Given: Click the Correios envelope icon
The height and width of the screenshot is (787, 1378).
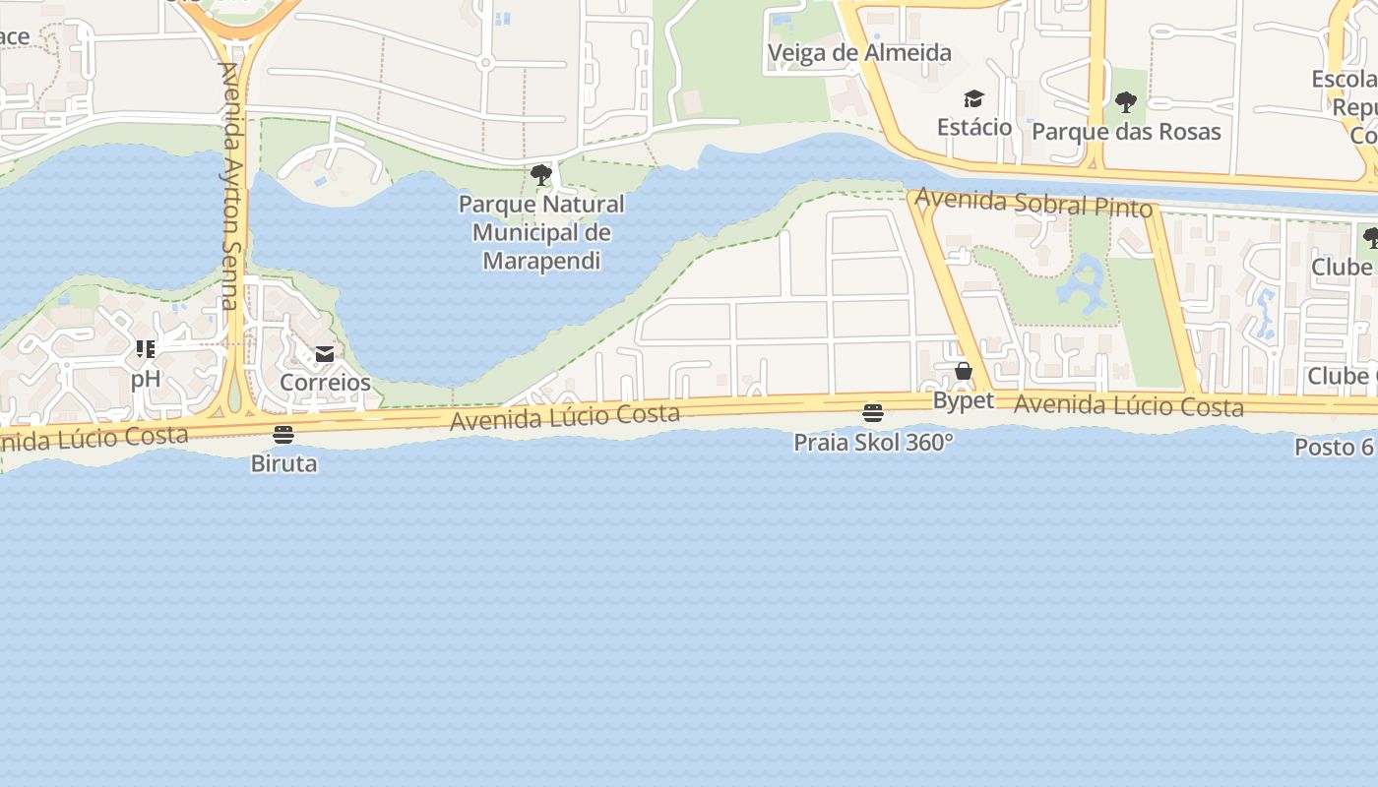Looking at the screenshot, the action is click(325, 354).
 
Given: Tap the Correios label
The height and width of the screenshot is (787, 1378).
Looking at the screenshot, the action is click(325, 383).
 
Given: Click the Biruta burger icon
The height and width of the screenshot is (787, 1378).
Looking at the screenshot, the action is click(283, 435).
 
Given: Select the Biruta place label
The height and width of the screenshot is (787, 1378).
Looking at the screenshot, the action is click(283, 463).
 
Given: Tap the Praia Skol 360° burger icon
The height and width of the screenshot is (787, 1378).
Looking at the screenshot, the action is click(873, 413).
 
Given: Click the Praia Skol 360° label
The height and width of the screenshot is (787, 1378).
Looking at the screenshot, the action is click(873, 443).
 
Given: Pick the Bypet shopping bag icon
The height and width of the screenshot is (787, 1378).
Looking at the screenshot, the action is click(964, 372).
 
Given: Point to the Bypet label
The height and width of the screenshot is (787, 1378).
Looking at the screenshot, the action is click(964, 401).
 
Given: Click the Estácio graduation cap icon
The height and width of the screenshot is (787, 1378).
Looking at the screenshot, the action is click(973, 98).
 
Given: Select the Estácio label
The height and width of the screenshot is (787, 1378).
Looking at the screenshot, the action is click(973, 127).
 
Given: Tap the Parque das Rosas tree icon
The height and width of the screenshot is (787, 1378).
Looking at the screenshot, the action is click(1126, 102).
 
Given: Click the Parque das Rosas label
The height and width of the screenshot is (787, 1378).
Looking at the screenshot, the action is click(1126, 132).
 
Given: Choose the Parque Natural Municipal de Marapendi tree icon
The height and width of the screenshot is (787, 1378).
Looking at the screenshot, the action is click(540, 175).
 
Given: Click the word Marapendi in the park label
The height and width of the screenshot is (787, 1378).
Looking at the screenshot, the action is click(541, 262).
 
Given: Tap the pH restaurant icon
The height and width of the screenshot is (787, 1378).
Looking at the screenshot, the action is click(146, 349).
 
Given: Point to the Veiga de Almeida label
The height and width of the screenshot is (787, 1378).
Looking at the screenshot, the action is click(859, 53).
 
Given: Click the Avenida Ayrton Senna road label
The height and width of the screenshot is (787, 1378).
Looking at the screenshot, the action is click(229, 187).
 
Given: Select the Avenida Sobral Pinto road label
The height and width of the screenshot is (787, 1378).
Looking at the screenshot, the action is click(1033, 204).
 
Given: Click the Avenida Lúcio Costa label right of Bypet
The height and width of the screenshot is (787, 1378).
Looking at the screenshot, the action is click(1129, 404).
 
